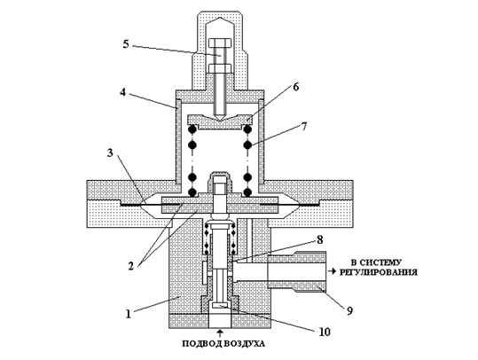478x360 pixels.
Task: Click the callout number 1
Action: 129,314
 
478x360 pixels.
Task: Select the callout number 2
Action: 130,266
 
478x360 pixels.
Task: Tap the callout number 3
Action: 110,153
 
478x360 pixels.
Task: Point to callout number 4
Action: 122,92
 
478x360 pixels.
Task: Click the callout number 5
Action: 126,44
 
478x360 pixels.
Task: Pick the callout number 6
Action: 295,87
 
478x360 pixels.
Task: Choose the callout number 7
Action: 304,126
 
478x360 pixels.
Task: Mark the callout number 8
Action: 319,239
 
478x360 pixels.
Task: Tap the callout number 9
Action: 349,310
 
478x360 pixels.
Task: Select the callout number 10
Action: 324,332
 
